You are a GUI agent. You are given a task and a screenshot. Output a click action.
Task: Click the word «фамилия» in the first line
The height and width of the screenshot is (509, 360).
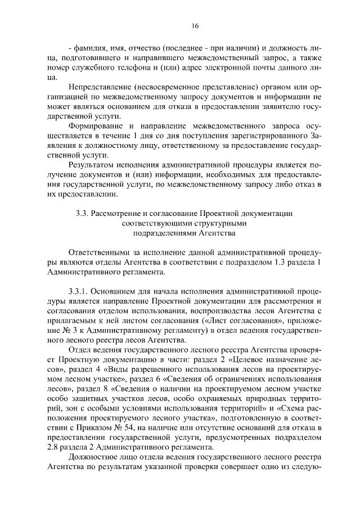pyautogui.click(x=88, y=47)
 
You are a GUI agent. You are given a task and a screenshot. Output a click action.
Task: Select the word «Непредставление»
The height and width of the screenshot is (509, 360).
pyautogui.click(x=100, y=88)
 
